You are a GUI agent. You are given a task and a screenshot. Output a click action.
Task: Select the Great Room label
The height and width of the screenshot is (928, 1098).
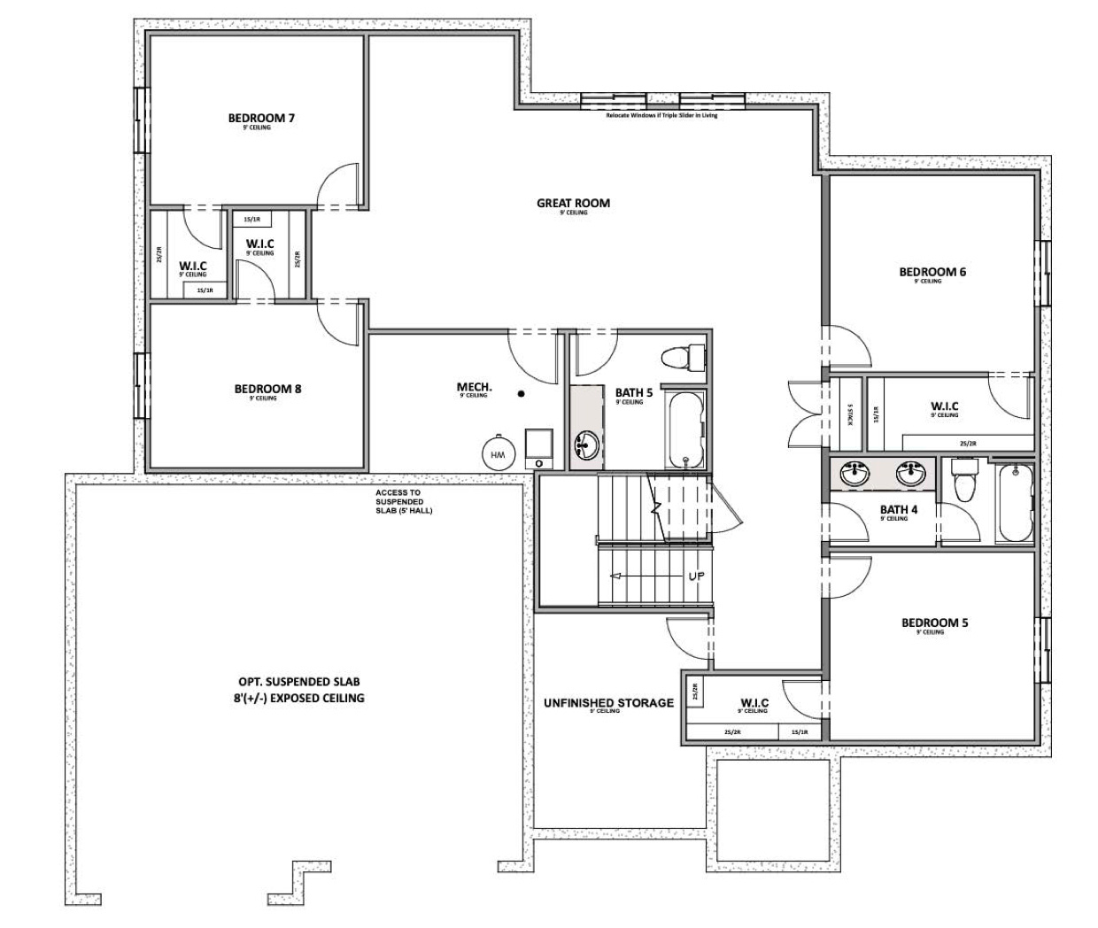pyautogui.click(x=573, y=203)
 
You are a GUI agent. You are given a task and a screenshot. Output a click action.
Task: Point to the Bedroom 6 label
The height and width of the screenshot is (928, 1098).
pyautogui.click(x=932, y=272)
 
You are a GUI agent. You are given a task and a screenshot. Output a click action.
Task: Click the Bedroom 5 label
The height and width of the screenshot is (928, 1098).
pyautogui.click(x=934, y=623)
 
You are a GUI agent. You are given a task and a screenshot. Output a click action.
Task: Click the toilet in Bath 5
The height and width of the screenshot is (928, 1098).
pyautogui.click(x=683, y=358)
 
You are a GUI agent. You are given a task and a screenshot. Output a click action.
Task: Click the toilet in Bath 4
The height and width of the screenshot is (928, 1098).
pyautogui.click(x=962, y=480)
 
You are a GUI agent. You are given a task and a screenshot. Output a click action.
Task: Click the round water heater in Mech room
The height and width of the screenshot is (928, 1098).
pyautogui.click(x=497, y=453)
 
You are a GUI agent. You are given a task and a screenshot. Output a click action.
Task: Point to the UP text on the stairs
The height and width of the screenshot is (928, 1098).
pyautogui.click(x=697, y=576)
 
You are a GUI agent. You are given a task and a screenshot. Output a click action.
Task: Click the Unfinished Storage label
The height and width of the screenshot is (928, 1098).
pyautogui.click(x=608, y=703)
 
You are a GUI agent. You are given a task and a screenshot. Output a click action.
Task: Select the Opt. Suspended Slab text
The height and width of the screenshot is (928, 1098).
pyautogui.click(x=299, y=690)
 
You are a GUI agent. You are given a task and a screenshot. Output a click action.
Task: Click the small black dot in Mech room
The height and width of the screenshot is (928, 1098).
pyautogui.click(x=522, y=393)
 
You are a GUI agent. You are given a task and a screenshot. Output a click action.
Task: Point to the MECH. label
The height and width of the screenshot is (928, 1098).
pyautogui.click(x=474, y=387)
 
